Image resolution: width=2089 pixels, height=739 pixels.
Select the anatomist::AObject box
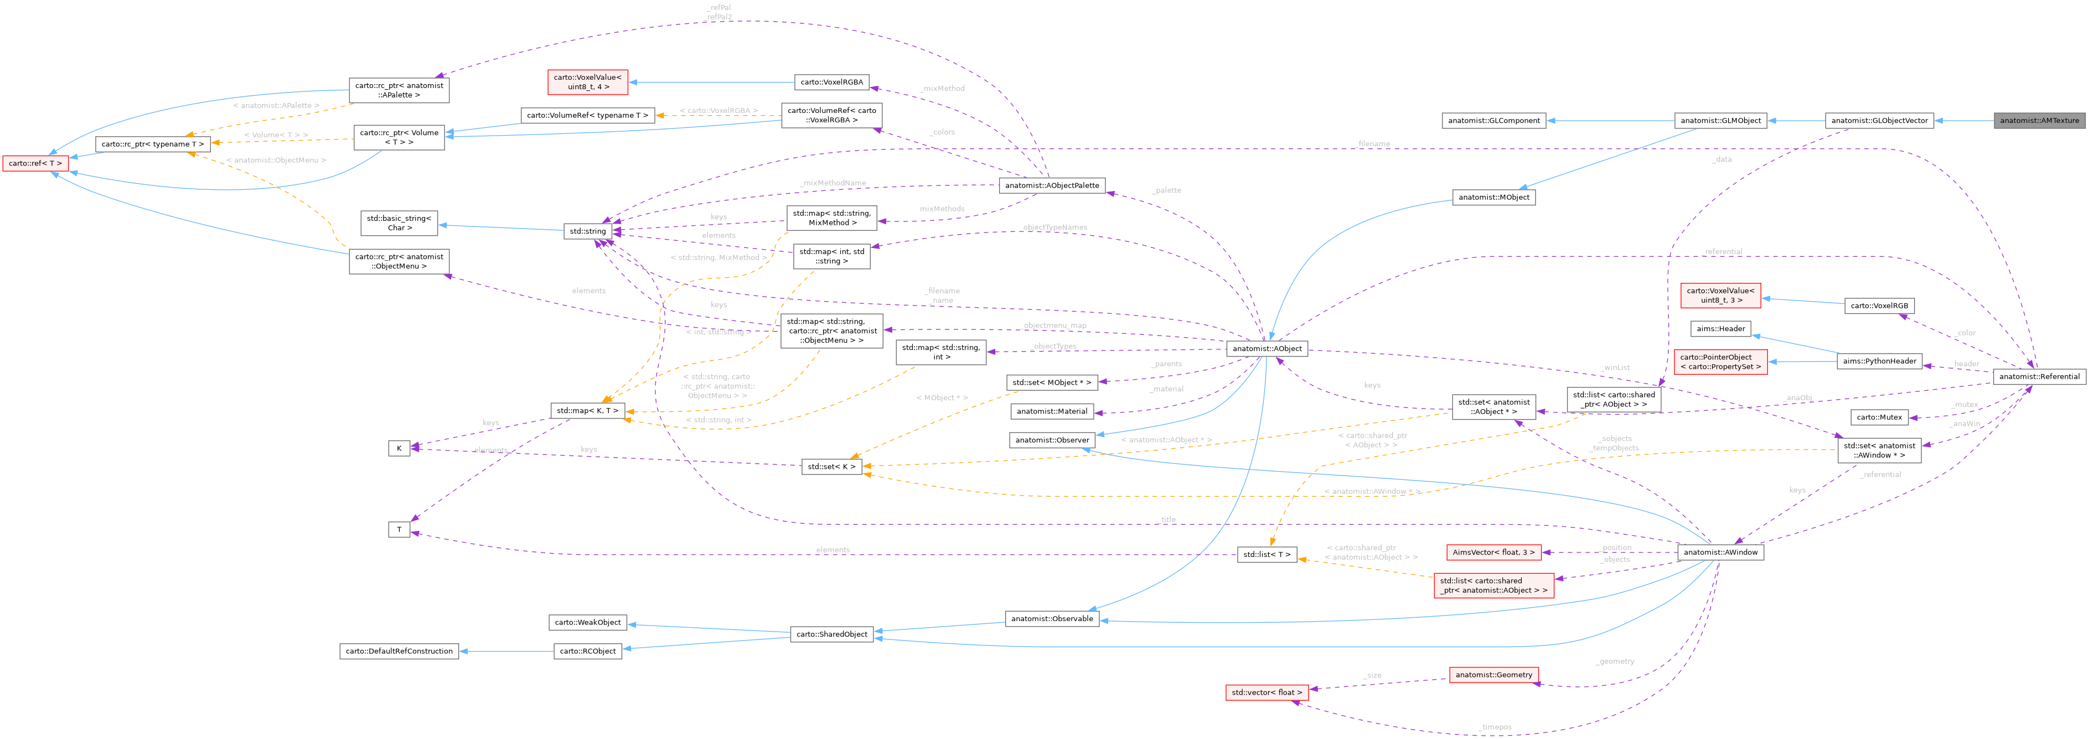click(x=1266, y=348)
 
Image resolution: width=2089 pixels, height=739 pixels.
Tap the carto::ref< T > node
click(x=35, y=163)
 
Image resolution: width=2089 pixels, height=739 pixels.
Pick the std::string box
click(x=587, y=231)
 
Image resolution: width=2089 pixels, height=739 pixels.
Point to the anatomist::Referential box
click(x=2039, y=376)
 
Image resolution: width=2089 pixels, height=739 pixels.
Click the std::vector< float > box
click(x=1266, y=692)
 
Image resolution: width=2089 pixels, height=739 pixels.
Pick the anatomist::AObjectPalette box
click(x=1052, y=185)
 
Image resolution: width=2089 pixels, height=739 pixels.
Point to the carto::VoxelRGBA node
click(x=831, y=82)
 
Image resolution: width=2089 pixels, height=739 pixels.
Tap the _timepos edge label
click(x=1495, y=727)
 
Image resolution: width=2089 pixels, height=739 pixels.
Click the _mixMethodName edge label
click(x=833, y=183)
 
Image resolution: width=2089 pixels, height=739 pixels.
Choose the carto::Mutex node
click(x=1879, y=417)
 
